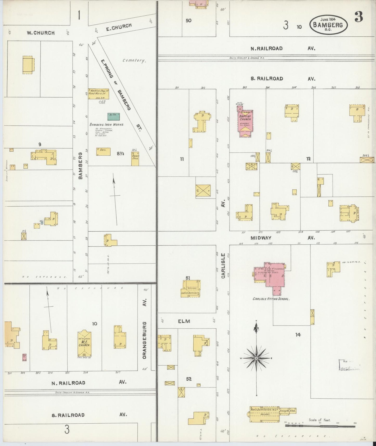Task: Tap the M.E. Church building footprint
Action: [84, 343]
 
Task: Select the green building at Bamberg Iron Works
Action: [114, 117]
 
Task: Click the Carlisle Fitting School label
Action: [271, 299]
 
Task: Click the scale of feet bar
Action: [320, 426]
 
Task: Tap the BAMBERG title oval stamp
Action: [329, 24]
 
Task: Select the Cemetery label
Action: [134, 60]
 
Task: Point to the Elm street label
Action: [184, 321]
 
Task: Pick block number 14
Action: [298, 335]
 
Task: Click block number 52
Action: [189, 379]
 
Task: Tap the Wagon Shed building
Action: [135, 159]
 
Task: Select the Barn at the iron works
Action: [103, 152]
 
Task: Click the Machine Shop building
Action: [98, 94]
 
